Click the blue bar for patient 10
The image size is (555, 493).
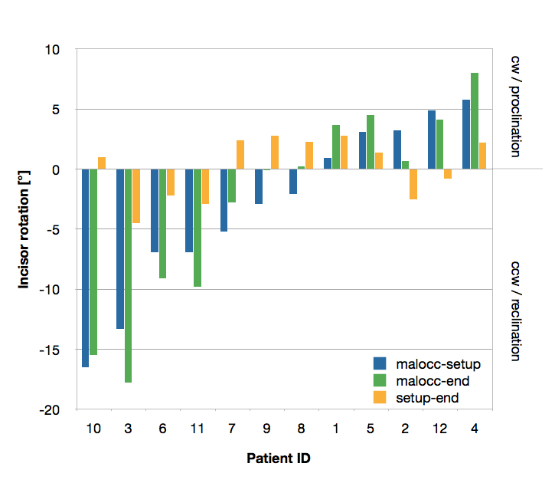(85, 268)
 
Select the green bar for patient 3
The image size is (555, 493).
(128, 276)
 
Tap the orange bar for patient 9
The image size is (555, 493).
(275, 153)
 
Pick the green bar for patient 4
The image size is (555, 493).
(475, 121)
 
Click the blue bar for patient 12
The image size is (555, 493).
(432, 140)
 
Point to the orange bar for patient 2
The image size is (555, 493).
(413, 184)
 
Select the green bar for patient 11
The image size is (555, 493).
(198, 228)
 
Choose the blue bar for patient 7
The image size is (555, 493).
(224, 200)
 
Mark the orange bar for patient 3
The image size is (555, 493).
(136, 196)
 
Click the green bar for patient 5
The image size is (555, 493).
(371, 142)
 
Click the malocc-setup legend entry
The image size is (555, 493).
(427, 364)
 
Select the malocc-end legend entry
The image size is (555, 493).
(422, 381)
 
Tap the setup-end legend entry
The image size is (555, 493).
(416, 398)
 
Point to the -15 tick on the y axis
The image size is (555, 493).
(49, 350)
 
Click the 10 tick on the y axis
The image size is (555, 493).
(52, 50)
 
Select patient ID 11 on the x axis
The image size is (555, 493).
(198, 429)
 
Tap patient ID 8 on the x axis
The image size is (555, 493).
(301, 429)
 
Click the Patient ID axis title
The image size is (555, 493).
(279, 458)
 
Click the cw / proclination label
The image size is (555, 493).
(516, 107)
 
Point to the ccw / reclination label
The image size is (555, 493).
(516, 311)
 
